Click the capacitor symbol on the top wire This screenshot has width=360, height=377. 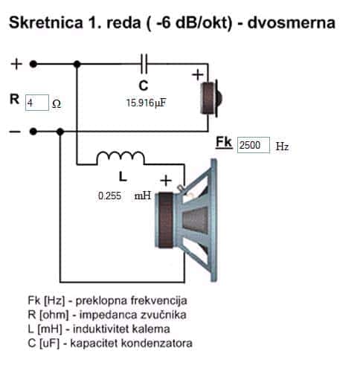click(144, 64)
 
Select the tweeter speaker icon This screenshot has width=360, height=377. click(211, 98)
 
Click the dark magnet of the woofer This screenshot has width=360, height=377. click(166, 220)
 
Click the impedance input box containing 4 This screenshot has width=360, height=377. click(37, 103)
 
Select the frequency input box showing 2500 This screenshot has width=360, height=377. click(254, 145)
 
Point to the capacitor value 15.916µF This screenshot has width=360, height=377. click(147, 103)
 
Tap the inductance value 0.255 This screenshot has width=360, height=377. click(109, 196)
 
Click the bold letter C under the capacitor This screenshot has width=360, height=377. click(144, 86)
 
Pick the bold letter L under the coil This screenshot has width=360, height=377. click(123, 177)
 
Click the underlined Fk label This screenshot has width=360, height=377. click(224, 143)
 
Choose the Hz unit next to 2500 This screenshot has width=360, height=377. click(282, 146)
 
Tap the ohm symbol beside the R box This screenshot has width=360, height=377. click(57, 103)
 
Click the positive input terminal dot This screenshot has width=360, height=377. click(33, 64)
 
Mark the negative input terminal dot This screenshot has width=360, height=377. click(33, 132)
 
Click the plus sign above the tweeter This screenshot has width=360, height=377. click(198, 74)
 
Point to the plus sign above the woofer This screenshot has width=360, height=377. click(166, 181)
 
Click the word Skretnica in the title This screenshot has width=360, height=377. click(46, 22)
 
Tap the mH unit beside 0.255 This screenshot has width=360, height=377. click(143, 196)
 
